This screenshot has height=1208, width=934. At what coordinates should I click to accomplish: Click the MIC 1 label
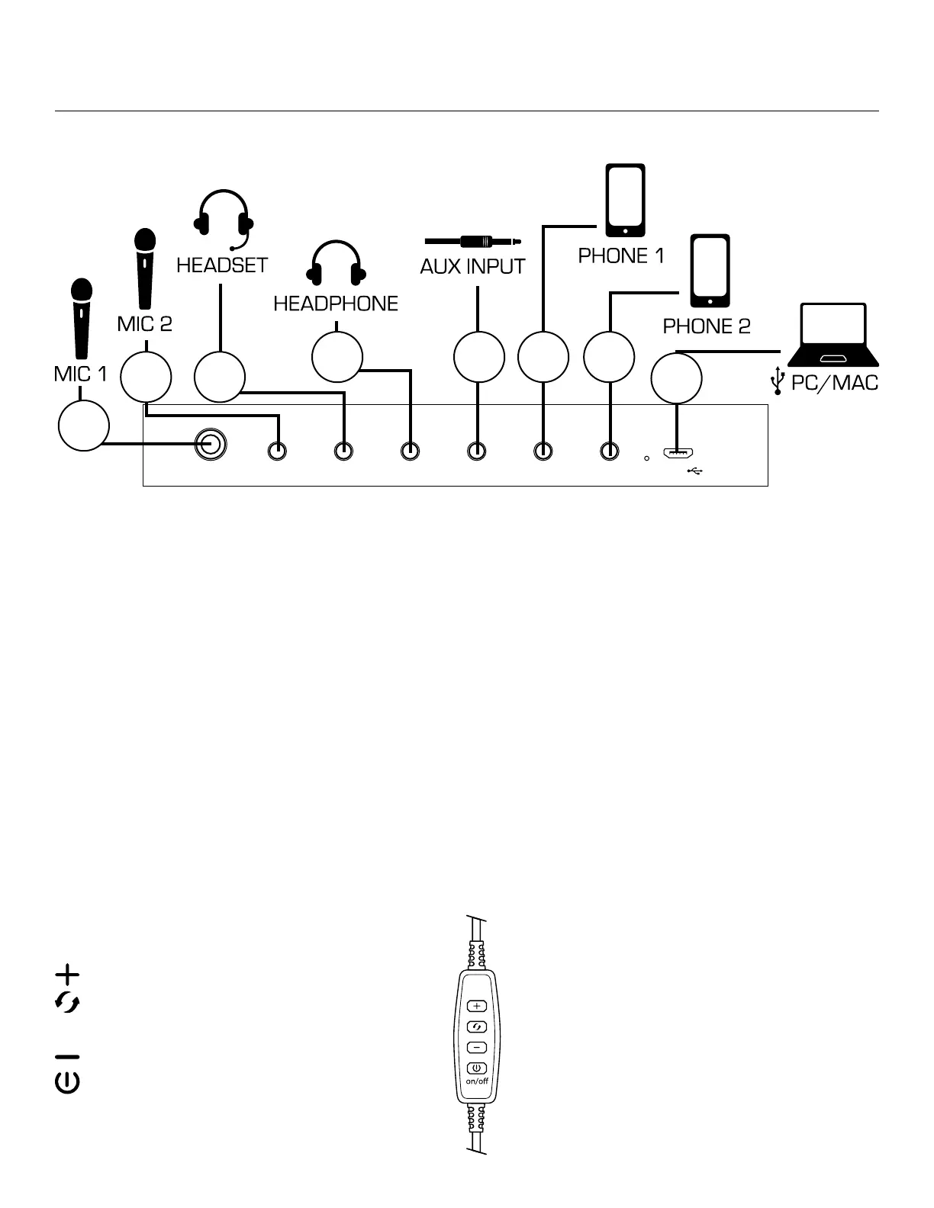(x=81, y=374)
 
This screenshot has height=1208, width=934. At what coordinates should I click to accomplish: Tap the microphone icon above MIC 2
(x=145, y=269)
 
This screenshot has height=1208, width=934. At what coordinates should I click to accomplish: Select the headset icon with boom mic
(x=223, y=218)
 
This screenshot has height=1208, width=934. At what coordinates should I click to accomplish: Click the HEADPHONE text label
(x=336, y=304)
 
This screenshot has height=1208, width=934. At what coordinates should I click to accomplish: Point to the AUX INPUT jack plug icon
(x=473, y=242)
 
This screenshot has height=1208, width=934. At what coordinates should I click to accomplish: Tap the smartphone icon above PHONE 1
(x=625, y=200)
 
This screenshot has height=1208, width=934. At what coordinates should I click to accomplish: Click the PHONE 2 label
(x=707, y=326)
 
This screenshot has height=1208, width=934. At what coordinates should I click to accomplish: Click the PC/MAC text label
(x=834, y=382)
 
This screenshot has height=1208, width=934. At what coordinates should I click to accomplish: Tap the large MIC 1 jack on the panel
(x=211, y=443)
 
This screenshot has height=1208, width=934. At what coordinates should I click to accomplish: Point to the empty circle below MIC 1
(x=84, y=426)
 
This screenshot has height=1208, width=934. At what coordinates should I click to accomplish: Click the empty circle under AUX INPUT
(x=479, y=357)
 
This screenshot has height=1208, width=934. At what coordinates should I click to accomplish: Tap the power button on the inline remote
(x=476, y=1068)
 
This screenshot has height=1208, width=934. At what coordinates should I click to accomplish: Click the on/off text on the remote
(x=477, y=1081)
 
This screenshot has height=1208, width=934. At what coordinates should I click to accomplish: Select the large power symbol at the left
(x=68, y=1083)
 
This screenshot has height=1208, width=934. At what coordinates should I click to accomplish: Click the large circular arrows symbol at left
(x=68, y=1004)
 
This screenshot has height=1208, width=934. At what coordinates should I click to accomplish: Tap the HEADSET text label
(x=222, y=265)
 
